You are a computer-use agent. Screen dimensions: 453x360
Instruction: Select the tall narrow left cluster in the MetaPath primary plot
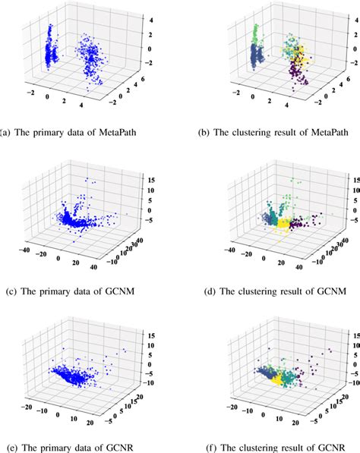(50, 49)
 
